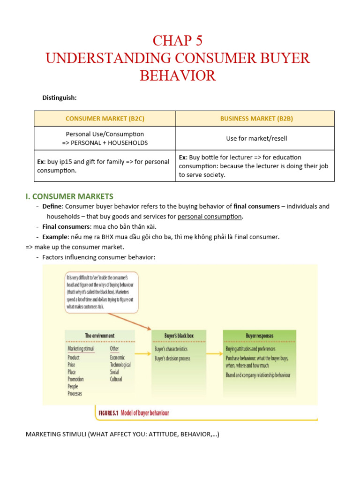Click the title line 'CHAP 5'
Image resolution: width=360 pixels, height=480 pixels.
(178, 41)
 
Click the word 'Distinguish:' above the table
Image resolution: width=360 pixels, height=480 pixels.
(60, 97)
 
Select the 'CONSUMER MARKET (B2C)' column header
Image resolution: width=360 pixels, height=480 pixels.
(105, 119)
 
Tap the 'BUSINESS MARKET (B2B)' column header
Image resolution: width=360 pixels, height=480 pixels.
(256, 119)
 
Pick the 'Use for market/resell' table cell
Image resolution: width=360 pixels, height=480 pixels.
(256, 138)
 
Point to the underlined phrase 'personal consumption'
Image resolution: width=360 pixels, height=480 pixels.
(210, 217)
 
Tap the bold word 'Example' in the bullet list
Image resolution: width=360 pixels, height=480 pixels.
(55, 237)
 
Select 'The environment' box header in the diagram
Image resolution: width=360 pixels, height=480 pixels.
(99, 336)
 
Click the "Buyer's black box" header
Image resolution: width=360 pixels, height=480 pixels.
(179, 336)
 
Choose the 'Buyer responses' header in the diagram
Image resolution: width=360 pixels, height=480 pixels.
(259, 336)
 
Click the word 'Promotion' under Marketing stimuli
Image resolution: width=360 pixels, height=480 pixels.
(75, 379)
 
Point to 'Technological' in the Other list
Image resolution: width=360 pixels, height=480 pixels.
(120, 365)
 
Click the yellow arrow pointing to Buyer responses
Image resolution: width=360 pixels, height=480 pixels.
(214, 354)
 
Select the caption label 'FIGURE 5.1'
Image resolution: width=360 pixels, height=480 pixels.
(107, 413)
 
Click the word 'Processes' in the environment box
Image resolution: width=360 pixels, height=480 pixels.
(75, 394)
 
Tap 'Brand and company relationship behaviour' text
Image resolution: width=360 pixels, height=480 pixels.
(258, 375)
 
